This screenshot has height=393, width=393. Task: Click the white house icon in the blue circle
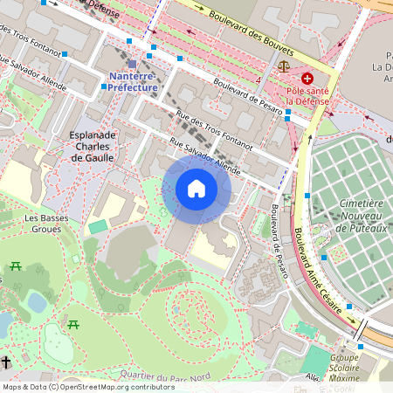[x=196, y=189]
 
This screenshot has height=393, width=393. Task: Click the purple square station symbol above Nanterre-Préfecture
[x=132, y=65]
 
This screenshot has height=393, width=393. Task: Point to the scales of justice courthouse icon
[x=283, y=65]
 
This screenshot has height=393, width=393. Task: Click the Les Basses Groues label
[x=41, y=224]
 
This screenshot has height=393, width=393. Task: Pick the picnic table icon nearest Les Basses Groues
[x=15, y=266]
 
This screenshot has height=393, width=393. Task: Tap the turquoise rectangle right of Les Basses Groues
[x=98, y=226]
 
